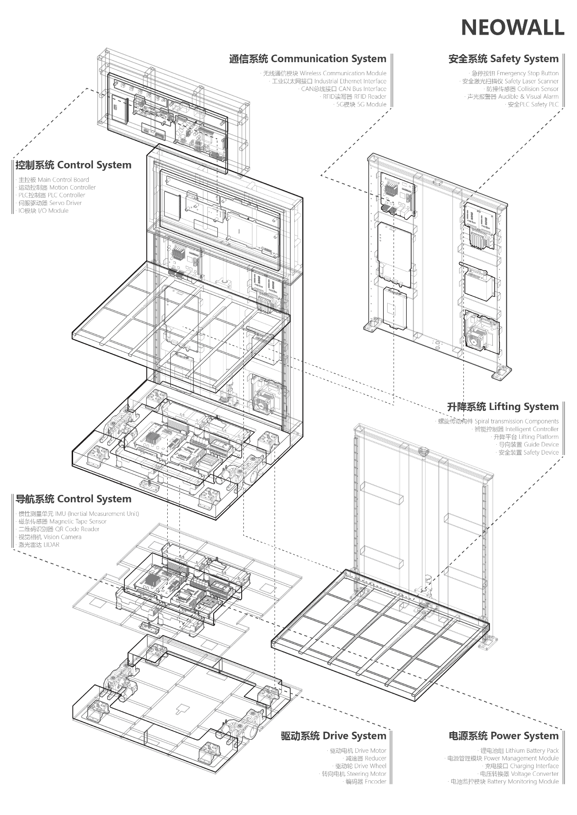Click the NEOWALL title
point(512,28)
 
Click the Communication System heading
point(307,59)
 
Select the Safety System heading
point(503,59)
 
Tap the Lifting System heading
point(503,407)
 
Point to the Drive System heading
point(334,736)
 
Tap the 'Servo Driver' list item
point(50,203)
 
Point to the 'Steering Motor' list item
point(354,774)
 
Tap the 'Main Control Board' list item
point(54,180)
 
